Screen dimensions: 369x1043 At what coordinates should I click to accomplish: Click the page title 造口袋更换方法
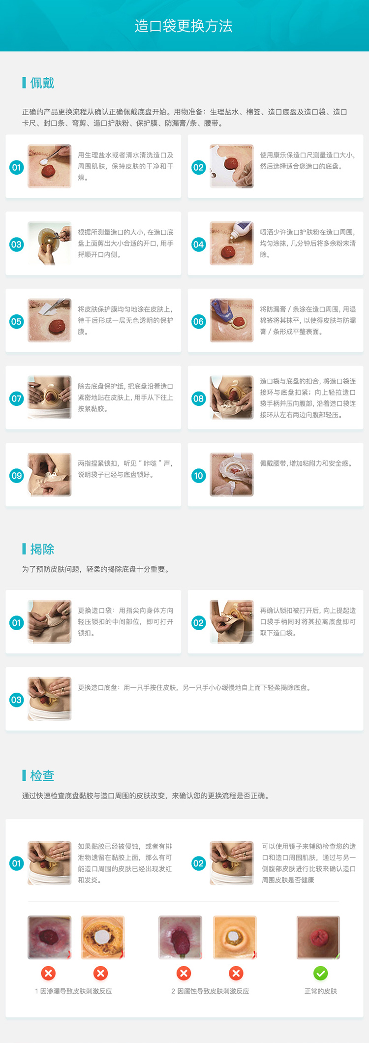(184, 26)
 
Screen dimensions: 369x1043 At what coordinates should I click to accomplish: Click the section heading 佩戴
(42, 83)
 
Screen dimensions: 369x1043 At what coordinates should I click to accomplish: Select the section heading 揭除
(42, 549)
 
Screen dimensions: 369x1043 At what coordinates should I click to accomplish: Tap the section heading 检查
(42, 776)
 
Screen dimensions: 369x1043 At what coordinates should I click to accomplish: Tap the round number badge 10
(198, 476)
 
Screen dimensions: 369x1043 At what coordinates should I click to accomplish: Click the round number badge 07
(16, 399)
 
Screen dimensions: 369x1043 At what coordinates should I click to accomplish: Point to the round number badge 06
(198, 322)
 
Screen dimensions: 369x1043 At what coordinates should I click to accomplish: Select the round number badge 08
(198, 399)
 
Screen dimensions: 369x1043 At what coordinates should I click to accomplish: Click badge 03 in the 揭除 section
(16, 700)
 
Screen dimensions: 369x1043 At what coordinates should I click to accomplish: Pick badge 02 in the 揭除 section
(198, 623)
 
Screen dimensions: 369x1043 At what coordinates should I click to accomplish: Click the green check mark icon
(320, 973)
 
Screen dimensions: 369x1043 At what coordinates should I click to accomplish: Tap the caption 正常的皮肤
(321, 991)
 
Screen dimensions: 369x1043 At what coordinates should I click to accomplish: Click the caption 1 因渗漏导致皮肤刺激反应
(73, 991)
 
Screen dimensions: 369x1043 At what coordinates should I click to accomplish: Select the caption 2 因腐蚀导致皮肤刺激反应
(210, 991)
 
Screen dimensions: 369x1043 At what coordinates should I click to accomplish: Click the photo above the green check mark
(318, 937)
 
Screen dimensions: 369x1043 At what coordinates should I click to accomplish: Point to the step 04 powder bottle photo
(232, 243)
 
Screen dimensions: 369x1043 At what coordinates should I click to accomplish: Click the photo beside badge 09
(49, 474)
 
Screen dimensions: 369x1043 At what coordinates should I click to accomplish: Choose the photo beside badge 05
(49, 320)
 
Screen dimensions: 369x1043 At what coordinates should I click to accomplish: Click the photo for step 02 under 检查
(232, 863)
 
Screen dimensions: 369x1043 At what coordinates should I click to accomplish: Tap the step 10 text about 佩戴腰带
(307, 463)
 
